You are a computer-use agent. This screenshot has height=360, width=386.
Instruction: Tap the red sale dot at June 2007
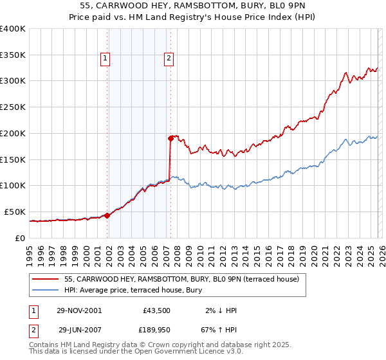click(170, 138)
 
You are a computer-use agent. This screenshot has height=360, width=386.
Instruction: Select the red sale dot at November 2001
click(107, 215)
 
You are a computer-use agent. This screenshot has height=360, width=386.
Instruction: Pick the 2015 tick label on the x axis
click(257, 251)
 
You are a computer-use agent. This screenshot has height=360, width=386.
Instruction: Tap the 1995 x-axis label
click(30, 251)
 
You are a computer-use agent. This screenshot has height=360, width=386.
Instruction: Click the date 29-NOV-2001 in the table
click(80, 310)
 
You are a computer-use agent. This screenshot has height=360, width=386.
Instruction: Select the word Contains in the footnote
click(45, 345)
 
